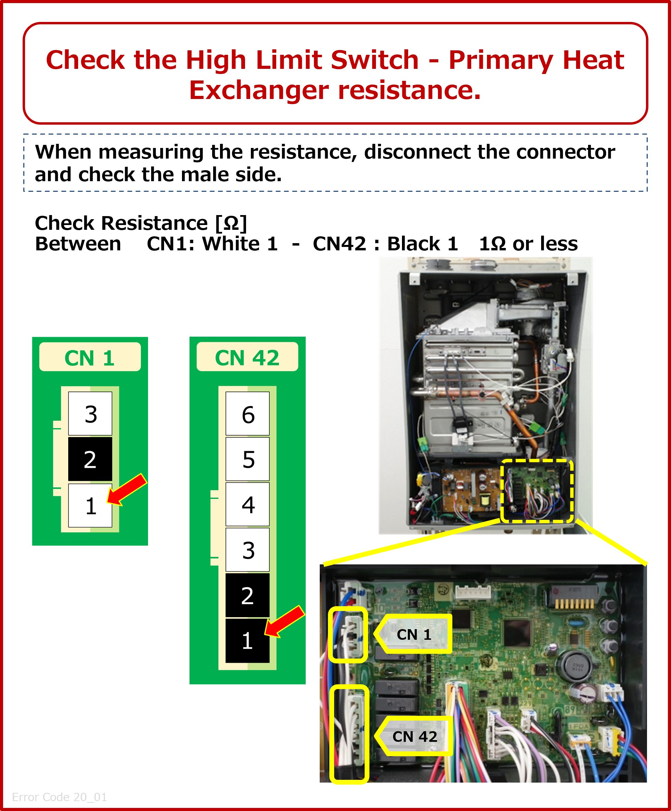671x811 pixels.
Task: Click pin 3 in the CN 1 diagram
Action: [90, 414]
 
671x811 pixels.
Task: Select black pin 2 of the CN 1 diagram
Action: [90, 459]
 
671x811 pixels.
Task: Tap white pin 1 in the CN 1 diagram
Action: [90, 506]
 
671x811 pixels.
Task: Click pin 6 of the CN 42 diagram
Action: [247, 414]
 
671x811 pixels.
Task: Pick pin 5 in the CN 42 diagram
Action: [247, 459]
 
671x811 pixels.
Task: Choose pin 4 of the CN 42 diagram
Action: [247, 504]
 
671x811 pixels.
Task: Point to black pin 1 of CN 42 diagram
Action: [247, 641]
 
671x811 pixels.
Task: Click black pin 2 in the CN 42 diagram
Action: [247, 595]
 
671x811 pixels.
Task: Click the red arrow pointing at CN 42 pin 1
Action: [284, 621]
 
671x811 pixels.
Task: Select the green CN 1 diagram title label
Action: [90, 358]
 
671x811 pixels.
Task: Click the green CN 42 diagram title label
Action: [247, 357]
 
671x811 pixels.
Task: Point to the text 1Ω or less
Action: [528, 244]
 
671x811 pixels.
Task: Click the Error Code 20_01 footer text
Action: [60, 797]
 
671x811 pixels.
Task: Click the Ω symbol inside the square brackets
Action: [231, 223]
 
